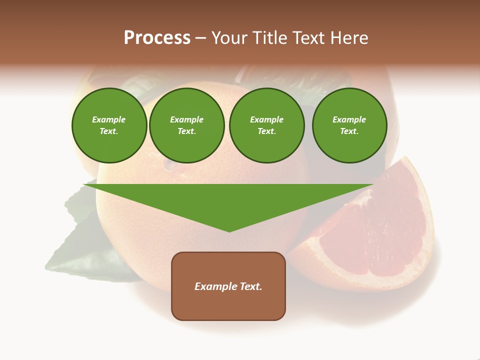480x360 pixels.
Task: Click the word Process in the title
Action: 157,38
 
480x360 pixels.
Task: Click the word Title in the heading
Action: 270,38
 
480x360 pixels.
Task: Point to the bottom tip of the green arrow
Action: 229,230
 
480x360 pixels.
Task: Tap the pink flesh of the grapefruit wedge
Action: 380,235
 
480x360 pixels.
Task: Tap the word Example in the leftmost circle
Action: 109,119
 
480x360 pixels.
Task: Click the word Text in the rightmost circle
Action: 349,131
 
